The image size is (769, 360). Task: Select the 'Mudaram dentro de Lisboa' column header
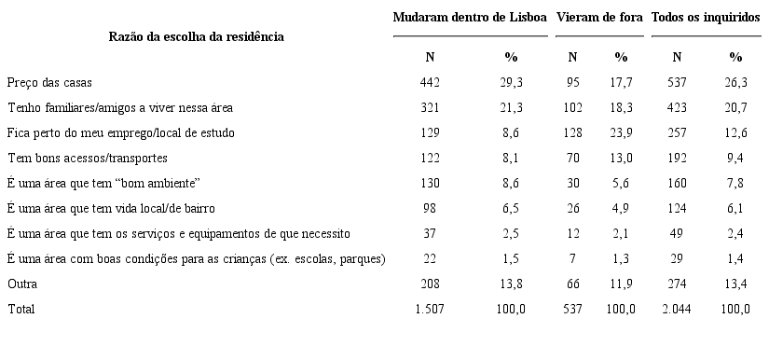470,18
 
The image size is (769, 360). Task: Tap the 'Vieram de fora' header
598,18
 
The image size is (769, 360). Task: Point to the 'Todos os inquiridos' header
706,18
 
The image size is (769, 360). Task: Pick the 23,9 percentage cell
622,132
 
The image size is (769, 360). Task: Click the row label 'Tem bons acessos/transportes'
82,158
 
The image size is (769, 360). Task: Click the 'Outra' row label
22,284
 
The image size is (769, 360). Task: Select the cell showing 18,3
622,107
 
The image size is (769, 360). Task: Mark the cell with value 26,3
736,82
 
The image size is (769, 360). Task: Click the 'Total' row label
21,309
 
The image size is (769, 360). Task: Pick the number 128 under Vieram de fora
572,132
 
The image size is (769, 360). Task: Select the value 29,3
511,82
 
